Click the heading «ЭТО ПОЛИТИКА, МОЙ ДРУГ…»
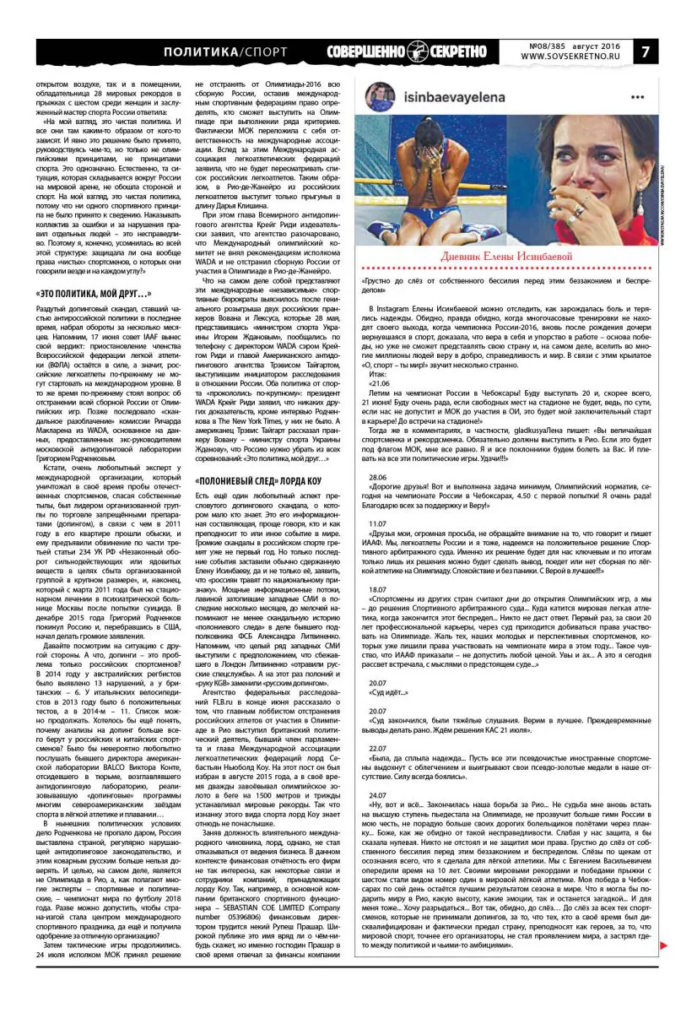pyautogui.click(x=95, y=293)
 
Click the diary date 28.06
pyautogui.click(x=377, y=477)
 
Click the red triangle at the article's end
pyautogui.click(x=665, y=921)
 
